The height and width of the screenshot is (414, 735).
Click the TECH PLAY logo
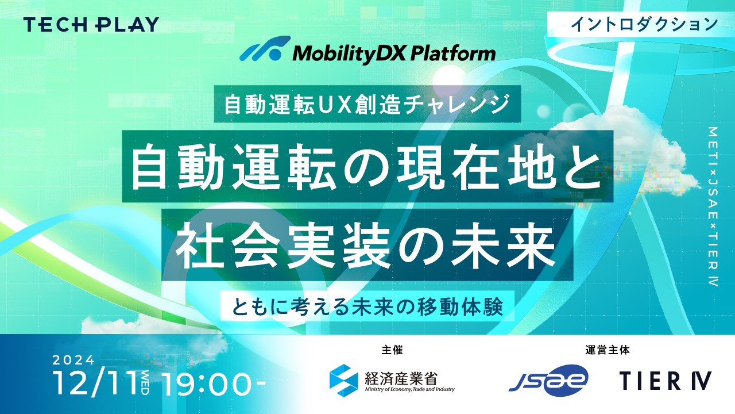click(91, 25)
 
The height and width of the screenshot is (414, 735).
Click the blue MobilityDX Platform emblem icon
click(265, 48)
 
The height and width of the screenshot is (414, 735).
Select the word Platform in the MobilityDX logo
click(453, 53)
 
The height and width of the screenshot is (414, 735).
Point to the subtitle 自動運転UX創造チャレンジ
click(367, 104)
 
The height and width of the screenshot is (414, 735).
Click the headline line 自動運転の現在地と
click(367, 167)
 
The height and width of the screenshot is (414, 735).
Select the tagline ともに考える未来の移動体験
click(367, 306)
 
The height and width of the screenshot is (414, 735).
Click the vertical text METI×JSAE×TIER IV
click(714, 206)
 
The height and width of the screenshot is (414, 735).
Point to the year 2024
click(73, 361)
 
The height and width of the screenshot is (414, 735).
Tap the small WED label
click(145, 383)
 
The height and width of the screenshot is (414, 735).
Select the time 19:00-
click(214, 383)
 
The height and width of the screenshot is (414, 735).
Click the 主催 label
click(392, 350)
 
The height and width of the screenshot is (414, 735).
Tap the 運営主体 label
click(608, 350)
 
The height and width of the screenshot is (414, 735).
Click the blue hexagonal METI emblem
click(344, 381)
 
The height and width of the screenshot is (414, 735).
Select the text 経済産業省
click(401, 378)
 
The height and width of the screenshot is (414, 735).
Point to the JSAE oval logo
click(548, 381)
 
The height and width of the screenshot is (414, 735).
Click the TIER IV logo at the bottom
click(666, 381)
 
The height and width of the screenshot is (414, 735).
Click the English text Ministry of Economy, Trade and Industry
click(410, 390)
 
